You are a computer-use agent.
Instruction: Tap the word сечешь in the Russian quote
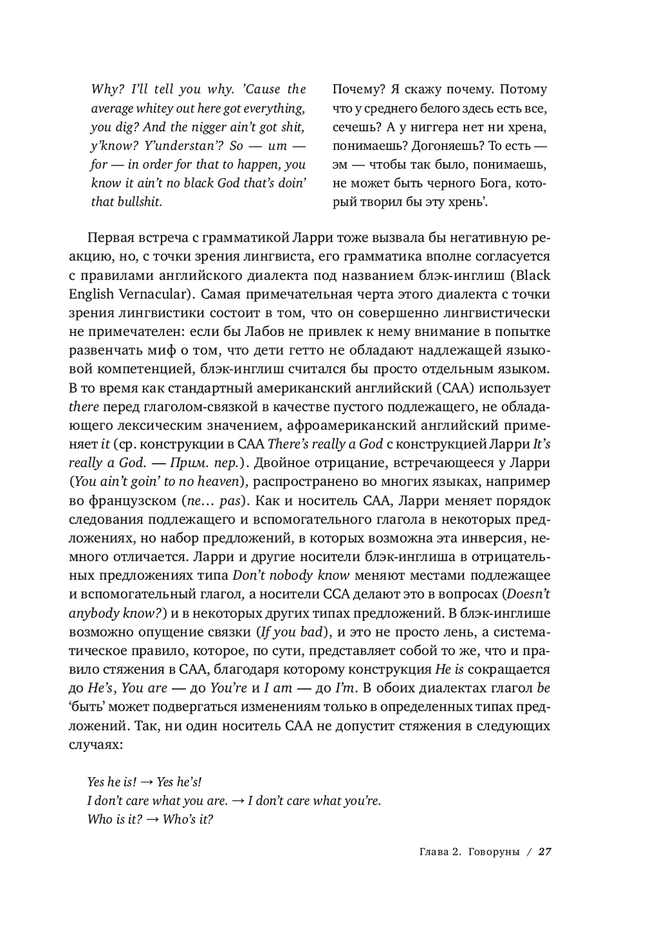coord(355,127)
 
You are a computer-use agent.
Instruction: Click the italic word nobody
coord(290,576)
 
